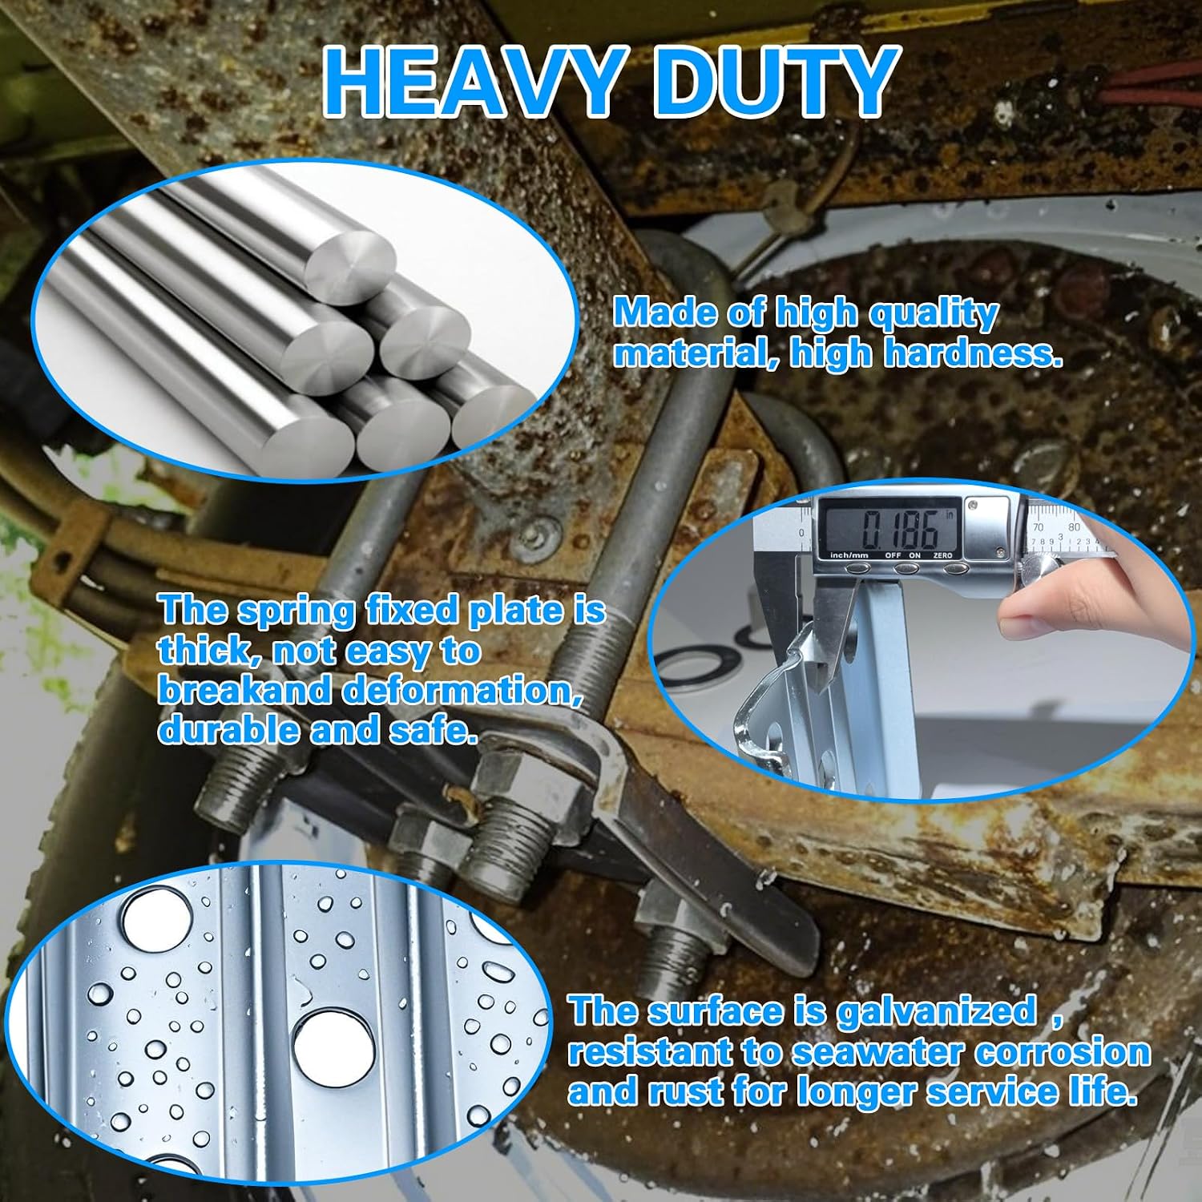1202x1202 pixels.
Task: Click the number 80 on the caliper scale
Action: point(1074,527)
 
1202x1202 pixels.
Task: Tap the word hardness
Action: point(973,353)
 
